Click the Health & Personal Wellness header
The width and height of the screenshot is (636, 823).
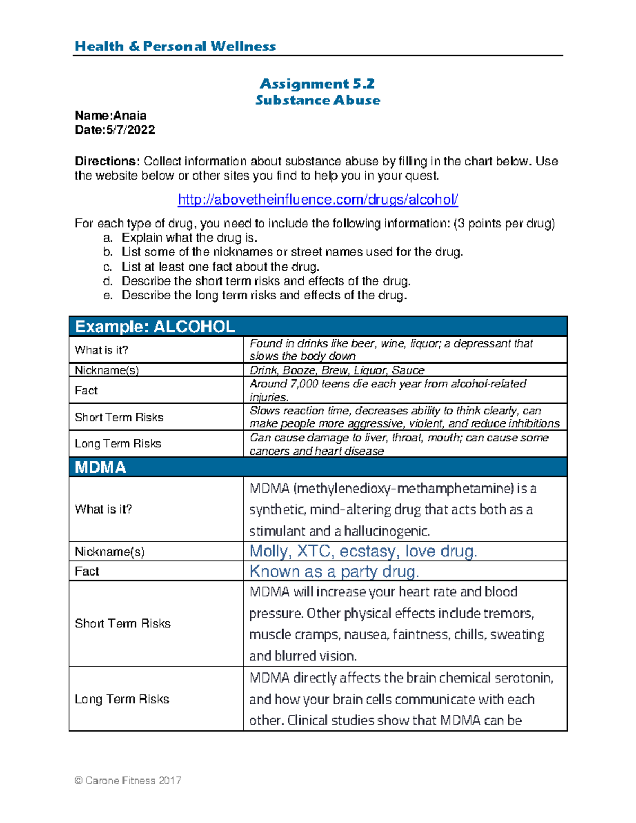(x=175, y=46)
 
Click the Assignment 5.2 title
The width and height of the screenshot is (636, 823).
(x=317, y=84)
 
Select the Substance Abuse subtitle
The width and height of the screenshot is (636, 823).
(x=317, y=100)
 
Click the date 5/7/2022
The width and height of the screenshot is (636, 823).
(x=130, y=130)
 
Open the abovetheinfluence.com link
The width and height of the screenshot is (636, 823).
(x=317, y=200)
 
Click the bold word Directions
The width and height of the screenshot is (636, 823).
(x=107, y=161)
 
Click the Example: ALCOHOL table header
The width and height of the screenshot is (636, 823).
(x=155, y=326)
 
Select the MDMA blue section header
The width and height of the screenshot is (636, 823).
(x=100, y=467)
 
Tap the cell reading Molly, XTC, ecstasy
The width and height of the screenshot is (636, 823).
(x=363, y=551)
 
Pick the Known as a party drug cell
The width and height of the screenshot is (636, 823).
(x=334, y=571)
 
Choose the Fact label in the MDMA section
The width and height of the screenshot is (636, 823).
(x=87, y=571)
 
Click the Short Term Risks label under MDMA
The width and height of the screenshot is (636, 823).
(x=122, y=623)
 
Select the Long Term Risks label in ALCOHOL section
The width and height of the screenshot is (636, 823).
(x=118, y=444)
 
